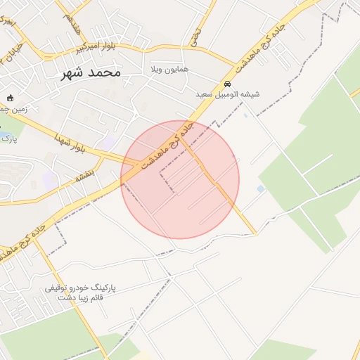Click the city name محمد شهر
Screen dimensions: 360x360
91,72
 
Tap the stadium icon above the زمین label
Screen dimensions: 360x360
9,98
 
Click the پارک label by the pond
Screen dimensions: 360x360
9,139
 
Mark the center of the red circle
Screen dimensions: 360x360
180,179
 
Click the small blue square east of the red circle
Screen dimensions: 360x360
261,189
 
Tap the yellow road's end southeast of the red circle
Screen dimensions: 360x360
254,232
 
